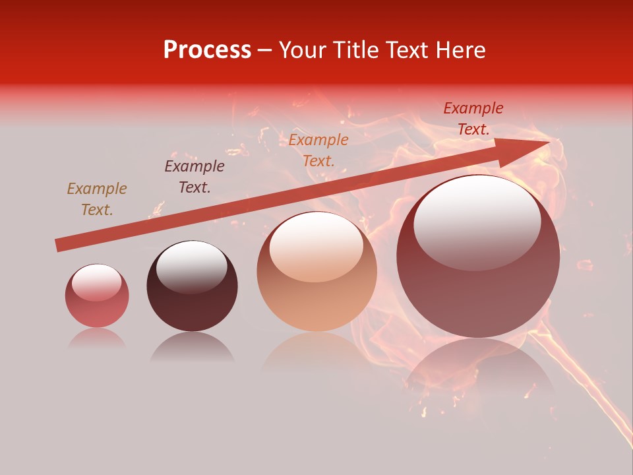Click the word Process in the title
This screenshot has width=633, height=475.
207,50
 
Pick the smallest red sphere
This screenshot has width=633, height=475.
97,296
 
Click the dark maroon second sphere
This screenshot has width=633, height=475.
192,286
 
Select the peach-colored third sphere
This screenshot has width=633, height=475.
316,272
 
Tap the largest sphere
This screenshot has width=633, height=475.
478,257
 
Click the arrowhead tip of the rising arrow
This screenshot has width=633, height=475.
548,142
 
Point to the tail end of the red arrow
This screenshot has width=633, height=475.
58,245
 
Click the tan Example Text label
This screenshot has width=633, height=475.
97,199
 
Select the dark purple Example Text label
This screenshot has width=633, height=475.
195,177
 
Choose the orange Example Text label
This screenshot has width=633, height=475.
318,150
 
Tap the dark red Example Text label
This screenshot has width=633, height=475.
473,119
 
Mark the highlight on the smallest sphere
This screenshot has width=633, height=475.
96,282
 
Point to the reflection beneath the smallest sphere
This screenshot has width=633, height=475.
97,338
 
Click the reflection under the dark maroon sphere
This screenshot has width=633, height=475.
192,347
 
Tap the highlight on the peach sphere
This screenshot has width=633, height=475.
316,247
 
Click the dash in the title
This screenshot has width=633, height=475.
265,50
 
